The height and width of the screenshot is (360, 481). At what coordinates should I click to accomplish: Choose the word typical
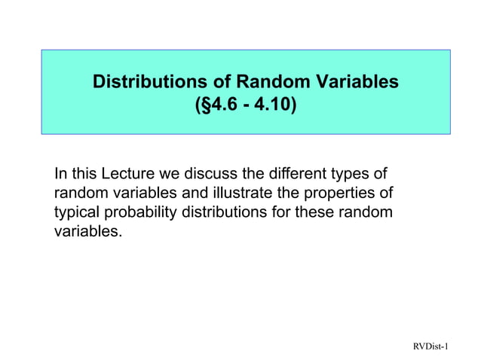(x=78, y=212)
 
